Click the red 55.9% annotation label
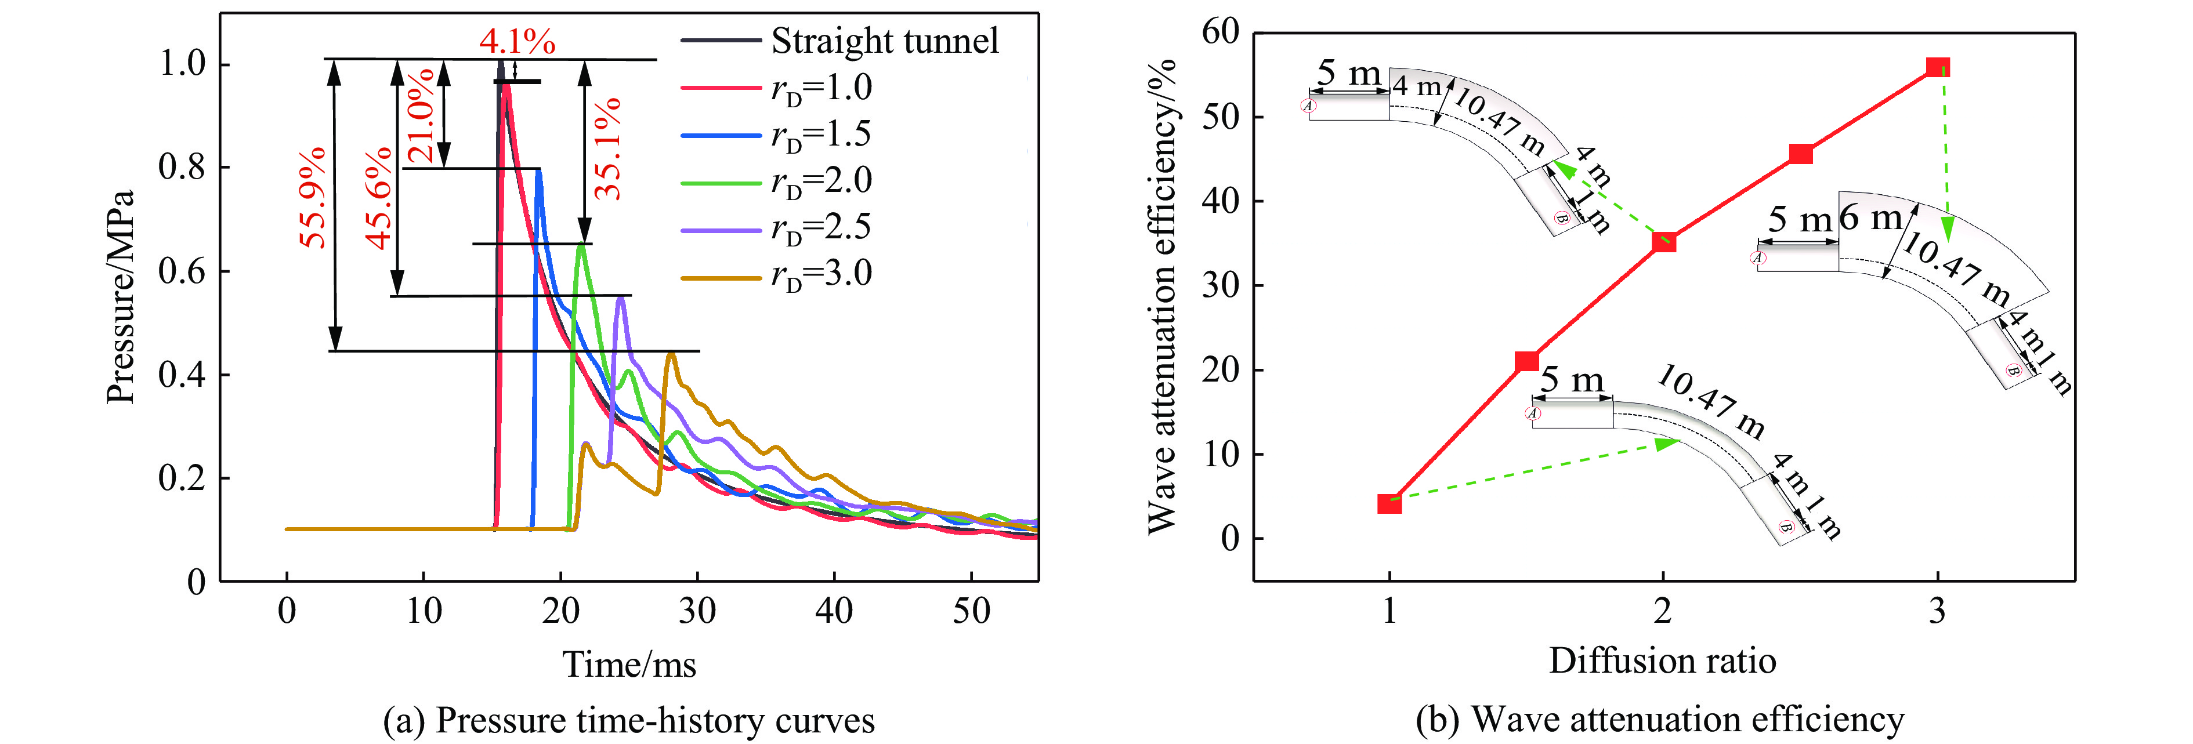pos(313,198)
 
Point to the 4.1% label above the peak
pos(517,41)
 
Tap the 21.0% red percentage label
pos(421,117)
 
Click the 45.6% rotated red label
pos(379,198)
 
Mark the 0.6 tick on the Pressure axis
pos(182,271)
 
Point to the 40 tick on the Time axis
pos(834,611)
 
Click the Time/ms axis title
pos(629,664)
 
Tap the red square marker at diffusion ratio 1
pos(1389,504)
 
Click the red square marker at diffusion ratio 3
pos(1938,67)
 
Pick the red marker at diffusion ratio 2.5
pos(1801,154)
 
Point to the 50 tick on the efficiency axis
pos(1221,117)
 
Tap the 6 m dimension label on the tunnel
pos(1870,218)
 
